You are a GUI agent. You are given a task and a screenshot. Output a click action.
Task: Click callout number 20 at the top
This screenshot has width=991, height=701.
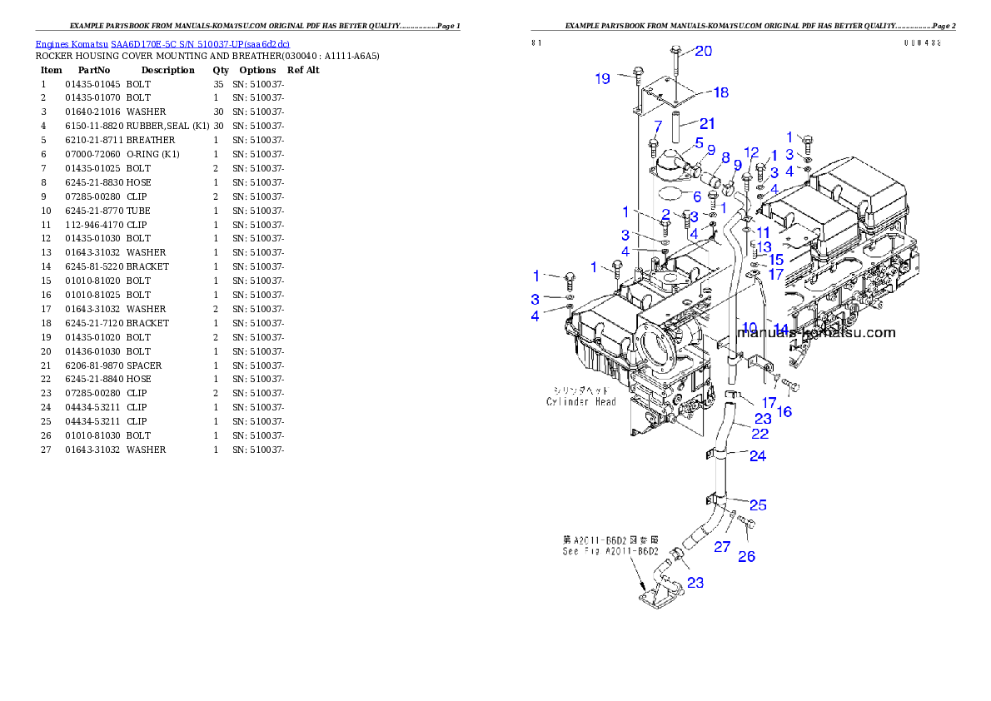pos(704,51)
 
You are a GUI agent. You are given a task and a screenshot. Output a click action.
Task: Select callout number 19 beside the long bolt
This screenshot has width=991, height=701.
pos(603,79)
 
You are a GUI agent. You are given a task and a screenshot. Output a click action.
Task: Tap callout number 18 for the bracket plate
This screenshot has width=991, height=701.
pos(721,92)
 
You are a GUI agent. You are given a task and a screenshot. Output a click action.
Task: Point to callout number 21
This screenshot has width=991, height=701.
pos(707,124)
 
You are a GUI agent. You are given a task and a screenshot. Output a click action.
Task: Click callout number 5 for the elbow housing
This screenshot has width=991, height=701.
pos(700,142)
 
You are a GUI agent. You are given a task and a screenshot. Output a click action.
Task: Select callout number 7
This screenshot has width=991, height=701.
pos(657,127)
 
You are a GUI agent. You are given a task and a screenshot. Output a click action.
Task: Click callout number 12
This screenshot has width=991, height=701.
pos(751,153)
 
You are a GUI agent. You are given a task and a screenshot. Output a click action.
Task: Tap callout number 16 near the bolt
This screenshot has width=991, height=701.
pos(784,411)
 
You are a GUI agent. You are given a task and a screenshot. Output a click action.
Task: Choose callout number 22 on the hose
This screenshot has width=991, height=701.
pos(759,434)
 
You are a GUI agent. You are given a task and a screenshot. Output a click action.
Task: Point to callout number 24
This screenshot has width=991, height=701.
pos(758,455)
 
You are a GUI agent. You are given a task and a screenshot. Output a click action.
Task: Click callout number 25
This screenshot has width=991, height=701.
pos(758,505)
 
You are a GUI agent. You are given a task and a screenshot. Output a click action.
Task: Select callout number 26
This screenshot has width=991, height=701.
pos(747,556)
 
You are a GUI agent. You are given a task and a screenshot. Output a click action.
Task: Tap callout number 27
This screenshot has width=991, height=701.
pos(722,547)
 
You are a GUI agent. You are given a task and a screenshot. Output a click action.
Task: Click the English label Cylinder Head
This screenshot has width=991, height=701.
pos(581,402)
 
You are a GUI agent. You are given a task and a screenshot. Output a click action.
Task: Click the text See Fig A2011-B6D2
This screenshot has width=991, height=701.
pos(610,551)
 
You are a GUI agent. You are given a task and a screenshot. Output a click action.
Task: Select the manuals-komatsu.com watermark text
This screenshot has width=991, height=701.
pos(816,333)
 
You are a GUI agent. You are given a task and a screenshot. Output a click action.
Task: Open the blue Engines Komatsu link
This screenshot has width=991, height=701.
pos(162,43)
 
